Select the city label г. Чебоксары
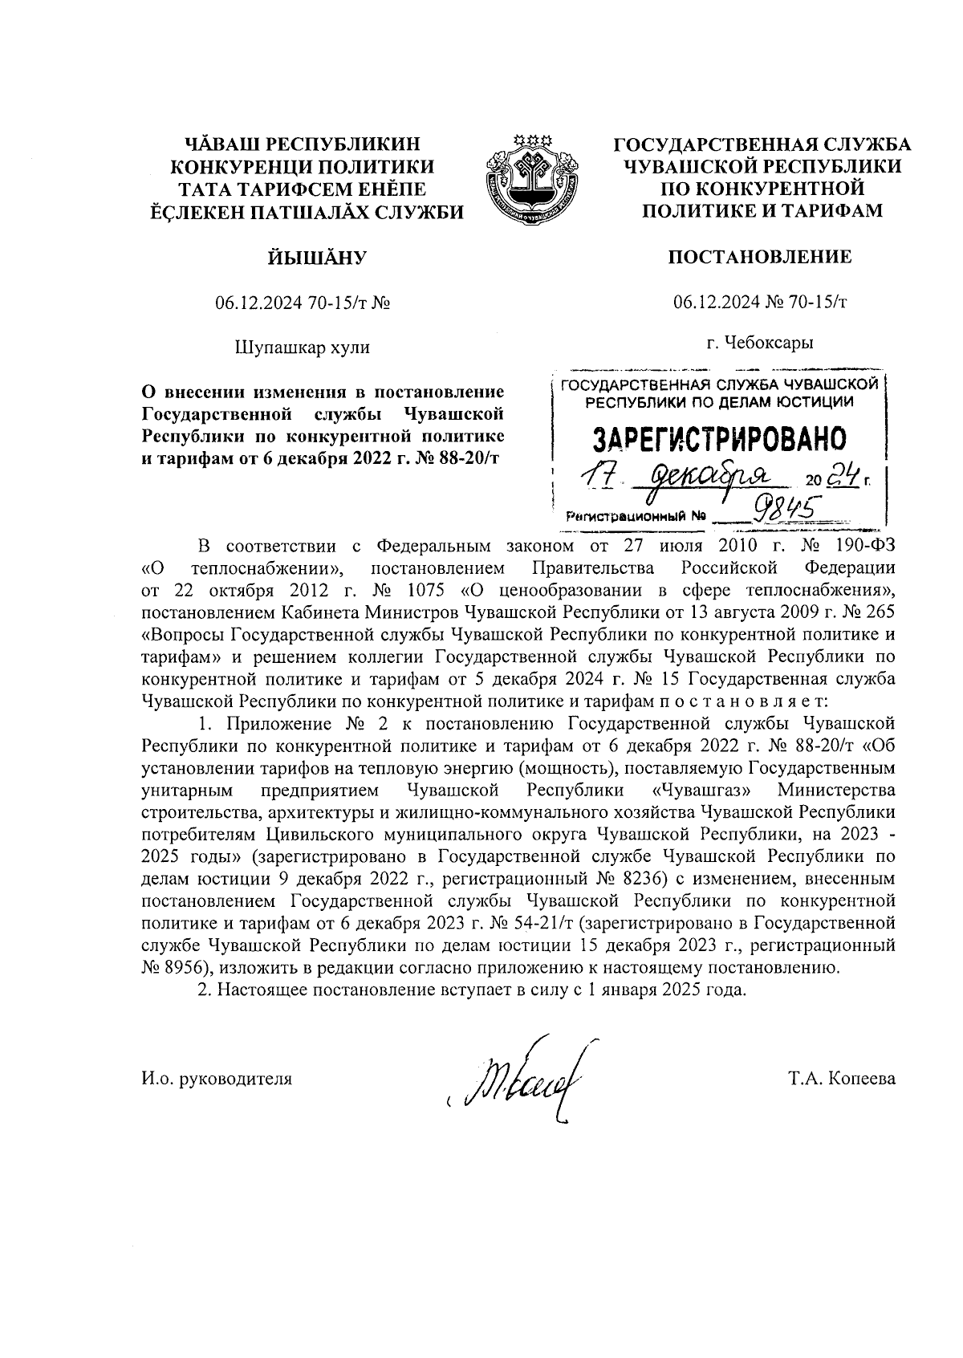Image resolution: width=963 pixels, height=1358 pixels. (760, 343)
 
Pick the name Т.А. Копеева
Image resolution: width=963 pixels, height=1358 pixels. (842, 1079)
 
